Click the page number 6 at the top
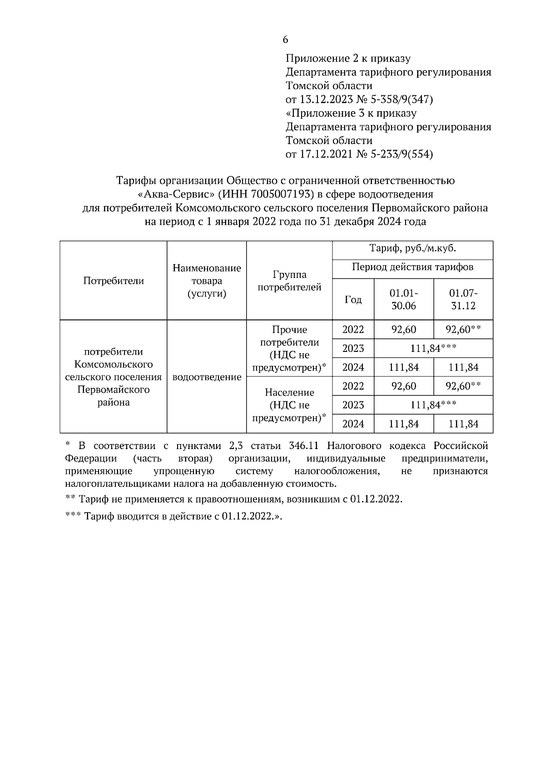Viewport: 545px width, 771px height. [285, 40]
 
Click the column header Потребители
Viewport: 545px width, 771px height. [114, 281]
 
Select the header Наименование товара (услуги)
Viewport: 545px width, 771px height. [207, 281]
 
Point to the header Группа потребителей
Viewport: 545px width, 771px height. [289, 281]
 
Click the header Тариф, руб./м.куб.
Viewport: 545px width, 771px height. [412, 248]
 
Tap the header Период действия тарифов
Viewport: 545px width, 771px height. [412, 267]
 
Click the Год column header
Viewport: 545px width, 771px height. [353, 300]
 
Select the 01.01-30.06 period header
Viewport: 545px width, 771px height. [404, 299]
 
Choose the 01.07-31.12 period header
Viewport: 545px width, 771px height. [463, 299]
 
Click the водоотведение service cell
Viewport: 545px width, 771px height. [207, 377]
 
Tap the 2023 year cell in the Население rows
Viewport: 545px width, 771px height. [353, 405]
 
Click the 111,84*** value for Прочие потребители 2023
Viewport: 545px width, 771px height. [433, 348]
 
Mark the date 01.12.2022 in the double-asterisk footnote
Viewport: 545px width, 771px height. [376, 499]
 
